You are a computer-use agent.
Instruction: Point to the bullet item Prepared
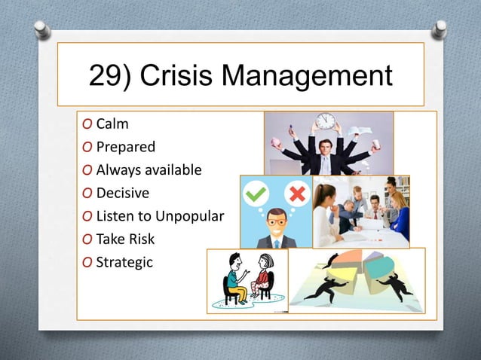[x=125, y=147]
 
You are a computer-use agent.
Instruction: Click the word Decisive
[x=122, y=193]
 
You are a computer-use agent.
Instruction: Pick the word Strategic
[x=124, y=262]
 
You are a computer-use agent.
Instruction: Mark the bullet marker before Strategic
[x=88, y=263]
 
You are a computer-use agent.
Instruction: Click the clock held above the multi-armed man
[x=325, y=121]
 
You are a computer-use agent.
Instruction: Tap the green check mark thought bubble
[x=256, y=194]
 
